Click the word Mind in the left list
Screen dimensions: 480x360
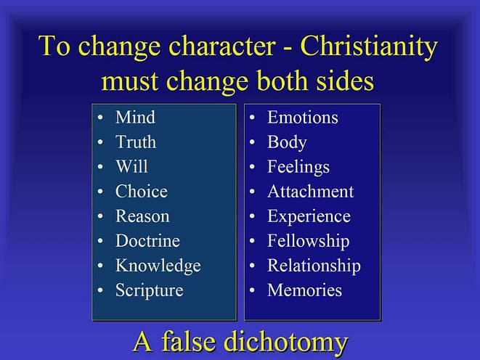[x=135, y=117]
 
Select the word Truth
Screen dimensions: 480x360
[x=136, y=142]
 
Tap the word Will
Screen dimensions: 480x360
[x=131, y=167]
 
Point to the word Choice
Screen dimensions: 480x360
[x=142, y=192]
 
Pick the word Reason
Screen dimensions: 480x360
[x=142, y=216]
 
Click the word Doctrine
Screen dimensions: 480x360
[x=147, y=241]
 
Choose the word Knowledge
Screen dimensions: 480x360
[x=158, y=266]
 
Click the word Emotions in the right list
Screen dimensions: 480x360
[x=302, y=117]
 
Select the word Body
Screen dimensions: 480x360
[x=287, y=142]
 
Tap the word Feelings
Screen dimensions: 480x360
[x=298, y=168]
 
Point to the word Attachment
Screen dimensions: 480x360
[x=310, y=192]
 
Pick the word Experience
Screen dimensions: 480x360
[x=309, y=217]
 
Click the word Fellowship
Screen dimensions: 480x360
[x=309, y=241]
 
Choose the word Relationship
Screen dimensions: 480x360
[x=314, y=266]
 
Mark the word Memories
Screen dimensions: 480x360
[x=304, y=290]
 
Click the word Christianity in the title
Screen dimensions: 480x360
[x=369, y=46]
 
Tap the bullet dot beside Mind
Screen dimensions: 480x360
[x=100, y=118]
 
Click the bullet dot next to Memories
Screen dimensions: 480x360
[x=252, y=290]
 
